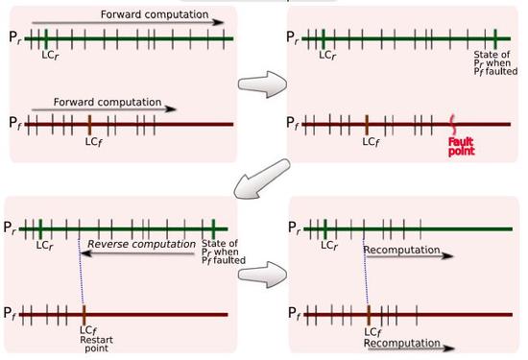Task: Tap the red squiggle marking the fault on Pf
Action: click(453, 125)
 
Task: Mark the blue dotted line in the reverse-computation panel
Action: click(81, 272)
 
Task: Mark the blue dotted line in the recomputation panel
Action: click(365, 272)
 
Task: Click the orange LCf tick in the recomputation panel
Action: click(368, 314)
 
